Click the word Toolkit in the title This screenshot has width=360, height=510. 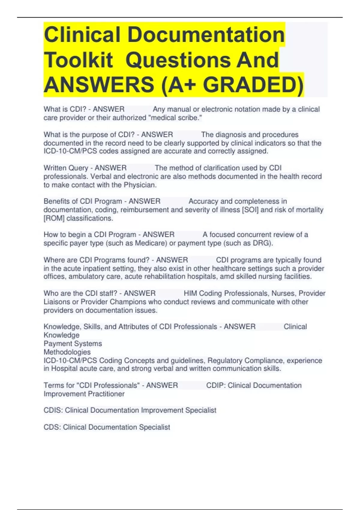tap(78, 60)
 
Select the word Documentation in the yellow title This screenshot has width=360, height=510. tap(206, 35)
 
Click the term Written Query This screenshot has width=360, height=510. tap(66, 168)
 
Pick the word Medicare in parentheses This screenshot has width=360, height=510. tap(151, 243)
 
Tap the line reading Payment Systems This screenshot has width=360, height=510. tap(73, 343)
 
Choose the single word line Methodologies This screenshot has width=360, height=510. tap(67, 352)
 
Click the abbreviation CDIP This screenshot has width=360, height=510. tap(215, 385)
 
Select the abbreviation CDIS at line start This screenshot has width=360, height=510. tap(52, 410)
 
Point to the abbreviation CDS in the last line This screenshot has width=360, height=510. tap(52, 427)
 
